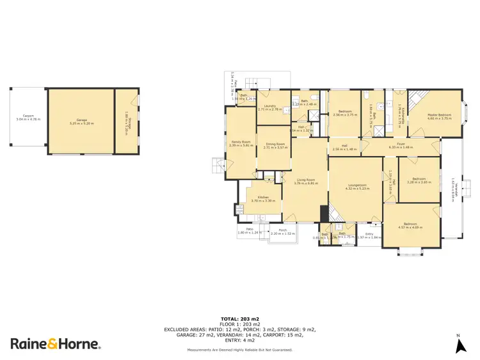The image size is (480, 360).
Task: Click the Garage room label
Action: [x=81, y=121]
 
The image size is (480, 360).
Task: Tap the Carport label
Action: [x=28, y=118]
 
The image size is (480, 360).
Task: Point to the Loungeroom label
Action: [x=357, y=187]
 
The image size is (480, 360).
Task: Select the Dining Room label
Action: [x=275, y=145]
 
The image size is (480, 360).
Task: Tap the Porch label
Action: [x=282, y=232]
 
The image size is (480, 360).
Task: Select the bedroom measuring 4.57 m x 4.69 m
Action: [x=411, y=226]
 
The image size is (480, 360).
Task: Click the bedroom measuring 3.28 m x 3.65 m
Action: [x=419, y=180]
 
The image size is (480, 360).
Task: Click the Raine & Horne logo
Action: [x=54, y=343]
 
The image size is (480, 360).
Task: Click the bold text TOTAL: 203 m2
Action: [x=239, y=318]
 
